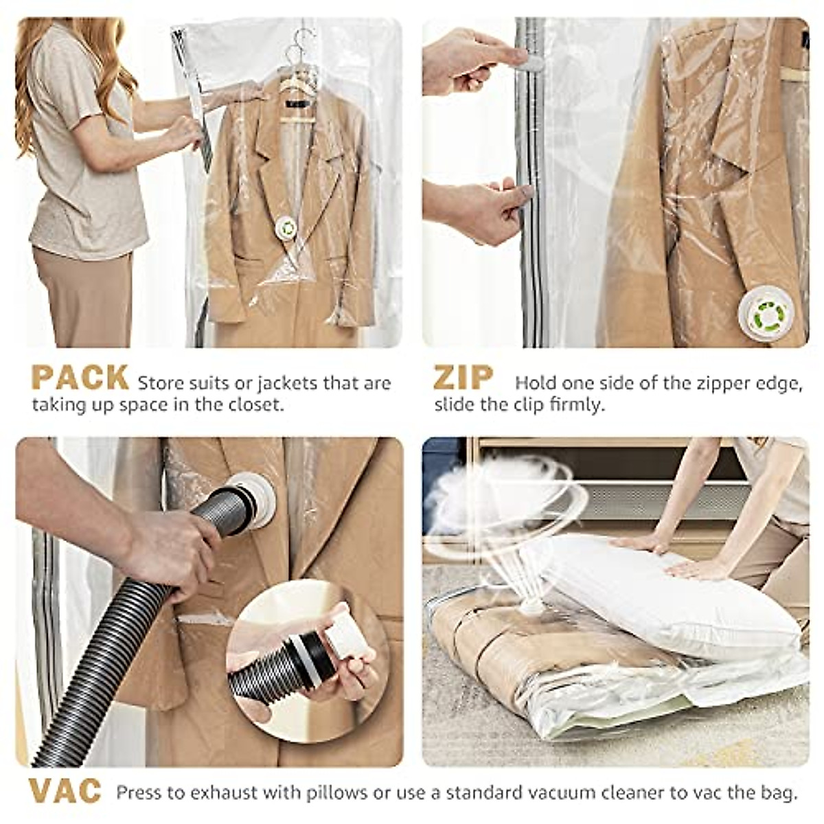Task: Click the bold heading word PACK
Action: (x=80, y=378)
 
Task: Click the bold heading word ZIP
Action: (x=463, y=378)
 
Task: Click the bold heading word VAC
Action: (x=65, y=791)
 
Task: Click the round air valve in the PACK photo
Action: (x=284, y=227)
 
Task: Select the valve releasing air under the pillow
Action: (x=529, y=605)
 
